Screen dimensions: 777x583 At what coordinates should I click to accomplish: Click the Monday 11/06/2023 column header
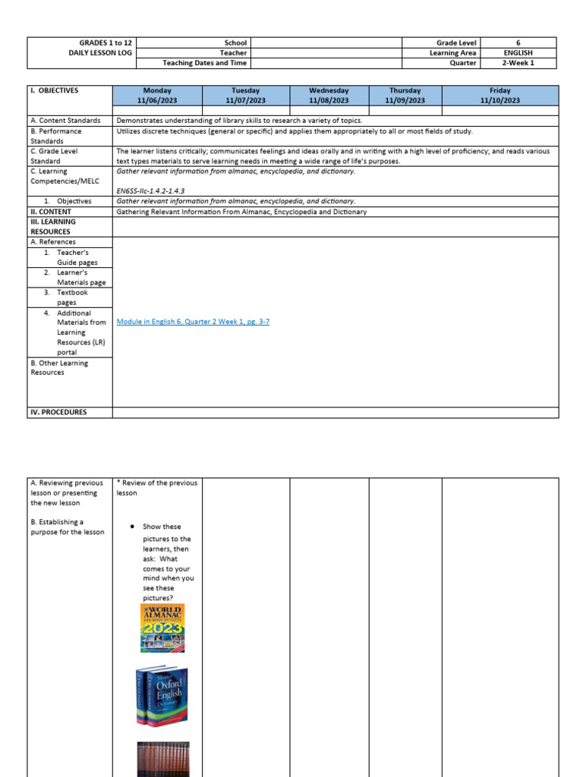point(158,95)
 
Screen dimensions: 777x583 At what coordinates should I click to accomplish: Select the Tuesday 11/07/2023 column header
point(246,95)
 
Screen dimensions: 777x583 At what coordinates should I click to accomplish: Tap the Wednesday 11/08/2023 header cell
point(329,95)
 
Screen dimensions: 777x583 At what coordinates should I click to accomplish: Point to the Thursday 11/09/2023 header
point(405,95)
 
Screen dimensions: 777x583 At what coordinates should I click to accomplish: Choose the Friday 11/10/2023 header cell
point(500,95)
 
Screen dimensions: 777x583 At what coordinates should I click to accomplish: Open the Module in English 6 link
point(193,322)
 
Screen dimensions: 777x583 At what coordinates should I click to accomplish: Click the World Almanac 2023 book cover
point(162,628)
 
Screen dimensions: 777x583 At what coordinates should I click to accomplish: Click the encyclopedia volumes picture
point(163,759)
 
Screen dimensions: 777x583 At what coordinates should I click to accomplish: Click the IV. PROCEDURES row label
point(58,412)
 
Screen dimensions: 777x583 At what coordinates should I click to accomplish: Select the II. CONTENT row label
point(50,212)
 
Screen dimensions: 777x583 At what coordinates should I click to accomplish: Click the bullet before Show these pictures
point(132,527)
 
